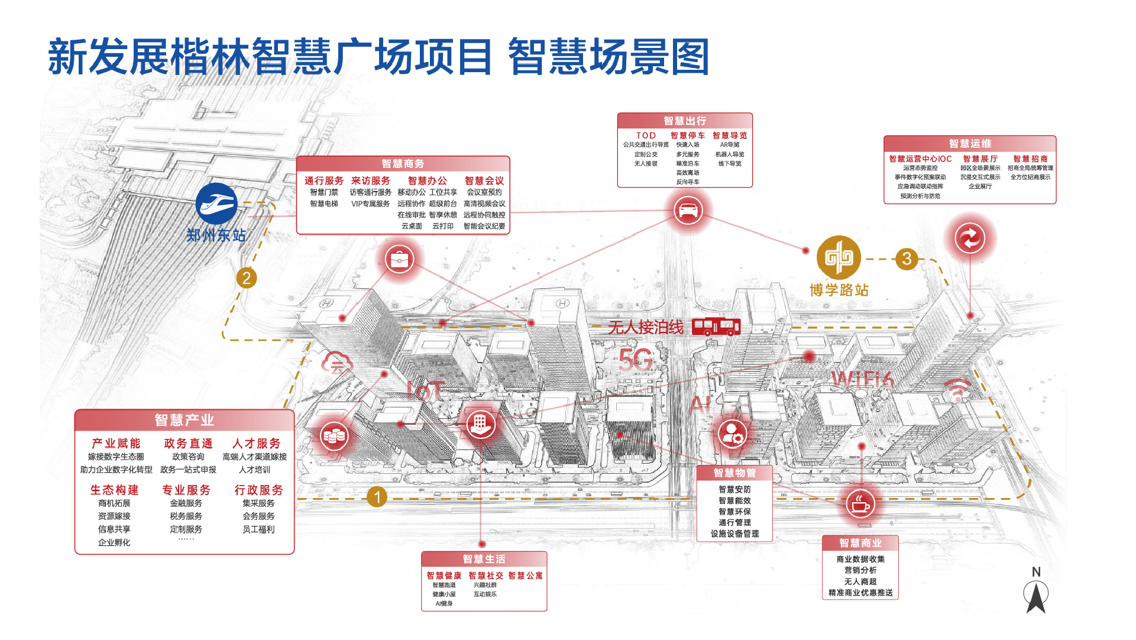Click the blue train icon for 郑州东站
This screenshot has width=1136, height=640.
(x=216, y=204)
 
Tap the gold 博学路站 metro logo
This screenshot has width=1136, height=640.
(x=839, y=257)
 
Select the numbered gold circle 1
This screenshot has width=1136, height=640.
(x=377, y=497)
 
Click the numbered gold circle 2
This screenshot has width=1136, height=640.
(x=247, y=277)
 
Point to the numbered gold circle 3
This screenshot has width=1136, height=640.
(x=907, y=258)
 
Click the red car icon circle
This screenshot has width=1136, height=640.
(x=688, y=210)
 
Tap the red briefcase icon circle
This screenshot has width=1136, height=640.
(x=400, y=259)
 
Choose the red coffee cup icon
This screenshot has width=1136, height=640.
(x=860, y=504)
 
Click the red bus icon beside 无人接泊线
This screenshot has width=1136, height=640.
(x=716, y=327)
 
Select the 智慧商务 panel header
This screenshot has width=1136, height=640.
(x=403, y=164)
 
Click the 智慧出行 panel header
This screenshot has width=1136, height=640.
(x=685, y=121)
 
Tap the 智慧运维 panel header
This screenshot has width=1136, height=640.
(x=970, y=144)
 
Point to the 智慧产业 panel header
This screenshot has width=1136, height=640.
(x=185, y=420)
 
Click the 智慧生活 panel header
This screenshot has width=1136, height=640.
(x=484, y=559)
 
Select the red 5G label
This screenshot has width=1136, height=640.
(x=636, y=360)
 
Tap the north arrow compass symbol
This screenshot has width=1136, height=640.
(x=1036, y=594)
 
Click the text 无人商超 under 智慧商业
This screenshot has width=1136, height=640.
(x=860, y=581)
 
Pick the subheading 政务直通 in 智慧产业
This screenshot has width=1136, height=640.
(x=188, y=443)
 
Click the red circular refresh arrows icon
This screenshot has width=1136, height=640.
(x=970, y=238)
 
